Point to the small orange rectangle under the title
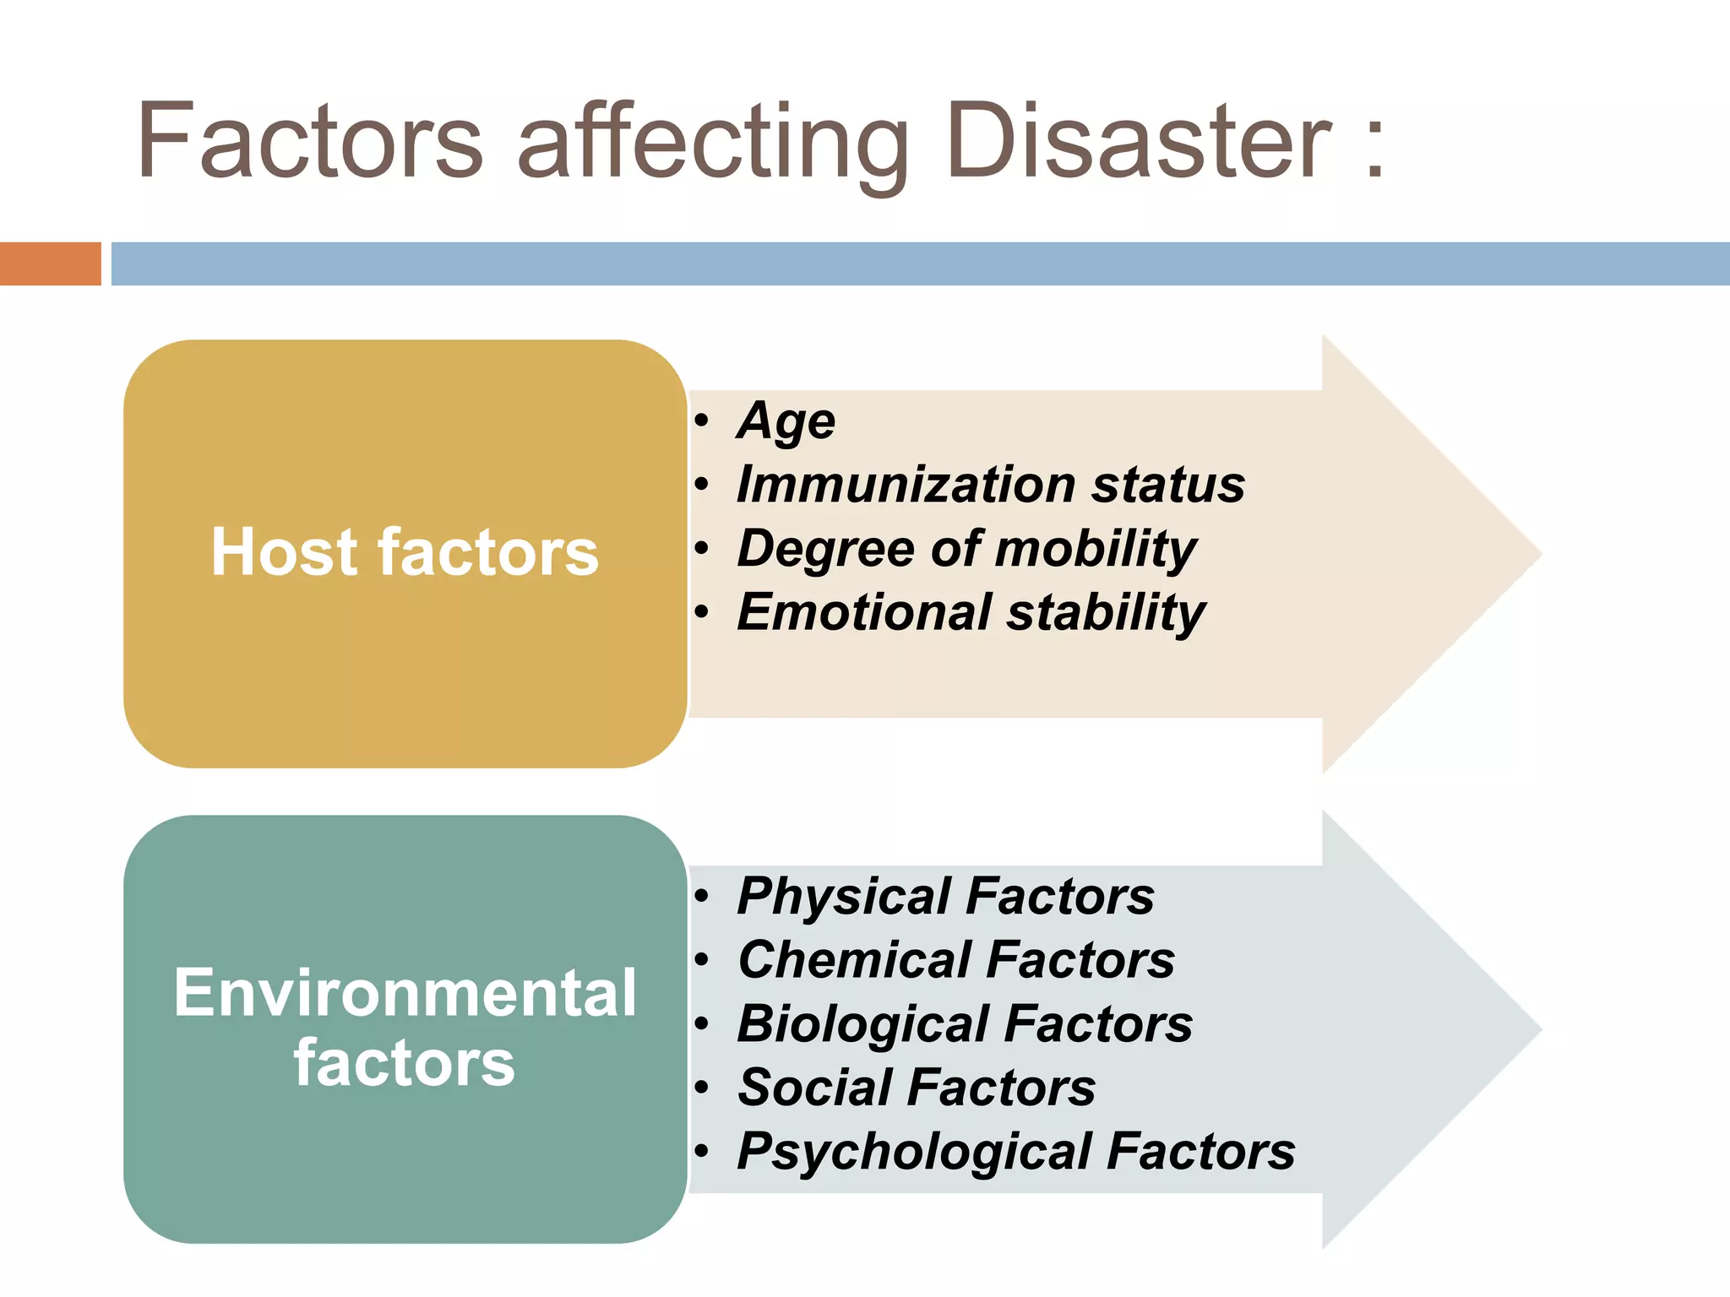50,263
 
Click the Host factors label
405,552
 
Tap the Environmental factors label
405,1027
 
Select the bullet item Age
786,421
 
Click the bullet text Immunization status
991,485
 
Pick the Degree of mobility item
967,549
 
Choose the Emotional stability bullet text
971,612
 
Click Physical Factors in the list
945,896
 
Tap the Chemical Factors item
956,960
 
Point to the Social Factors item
917,1087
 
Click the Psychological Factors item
1016,1151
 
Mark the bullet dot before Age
701,420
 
